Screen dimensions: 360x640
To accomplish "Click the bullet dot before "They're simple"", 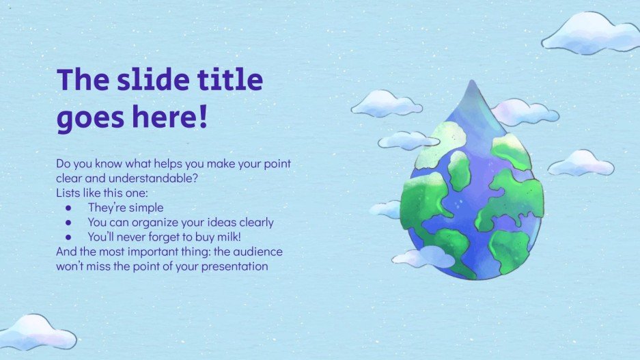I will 68,208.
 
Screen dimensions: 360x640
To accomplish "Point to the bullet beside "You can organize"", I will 68,222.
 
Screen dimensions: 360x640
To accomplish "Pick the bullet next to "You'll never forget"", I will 68,237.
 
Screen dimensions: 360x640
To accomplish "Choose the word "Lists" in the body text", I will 69,193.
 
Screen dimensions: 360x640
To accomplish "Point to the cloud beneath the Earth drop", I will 425,258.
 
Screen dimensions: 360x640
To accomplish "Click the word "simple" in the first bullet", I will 145,208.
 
